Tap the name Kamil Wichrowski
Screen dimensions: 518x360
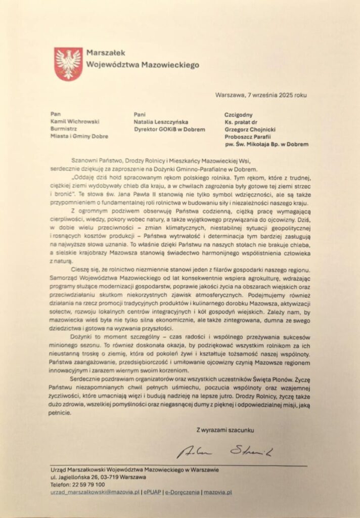75,122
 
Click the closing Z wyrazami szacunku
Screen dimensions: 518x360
226,430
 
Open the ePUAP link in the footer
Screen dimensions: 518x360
152,492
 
